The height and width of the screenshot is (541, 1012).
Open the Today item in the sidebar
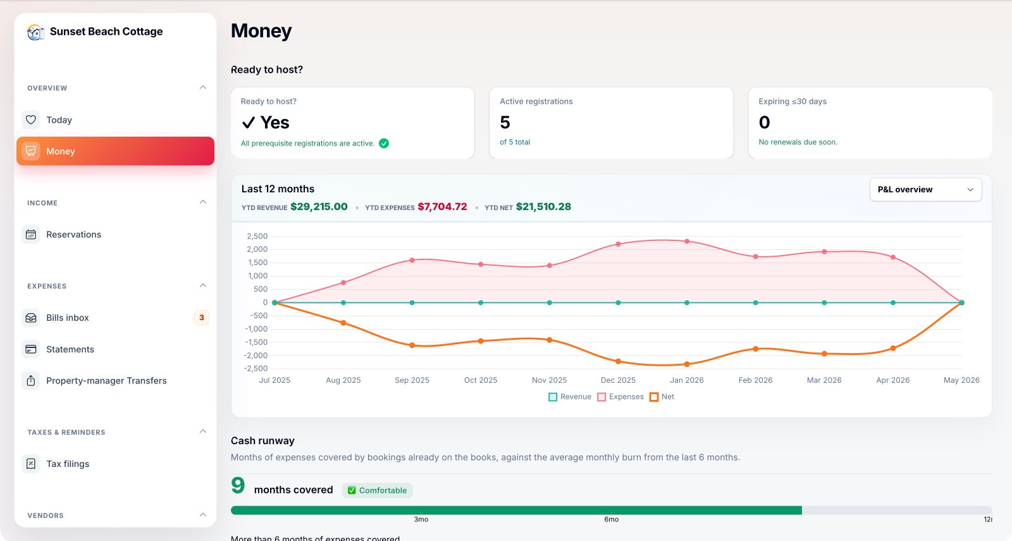click(x=59, y=120)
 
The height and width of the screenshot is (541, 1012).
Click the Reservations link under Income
click(x=73, y=235)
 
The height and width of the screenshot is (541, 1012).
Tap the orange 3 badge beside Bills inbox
click(x=202, y=318)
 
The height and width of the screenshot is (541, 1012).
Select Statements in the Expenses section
click(x=70, y=349)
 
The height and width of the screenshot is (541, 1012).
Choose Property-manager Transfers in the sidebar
click(x=106, y=380)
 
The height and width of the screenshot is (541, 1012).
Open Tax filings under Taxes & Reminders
click(x=67, y=464)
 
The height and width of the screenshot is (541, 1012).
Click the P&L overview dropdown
click(x=925, y=189)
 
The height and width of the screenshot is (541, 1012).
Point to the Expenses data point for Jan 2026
click(x=687, y=241)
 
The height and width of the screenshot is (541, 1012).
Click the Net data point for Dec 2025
click(x=618, y=361)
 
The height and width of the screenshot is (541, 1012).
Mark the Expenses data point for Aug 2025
click(x=343, y=282)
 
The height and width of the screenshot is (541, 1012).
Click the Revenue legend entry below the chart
click(x=570, y=397)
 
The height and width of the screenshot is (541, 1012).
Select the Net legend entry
click(x=662, y=397)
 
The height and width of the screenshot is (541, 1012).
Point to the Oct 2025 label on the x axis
click(x=481, y=380)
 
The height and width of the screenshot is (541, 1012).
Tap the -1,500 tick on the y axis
click(x=256, y=342)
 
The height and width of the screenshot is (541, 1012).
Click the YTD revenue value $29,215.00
click(x=319, y=206)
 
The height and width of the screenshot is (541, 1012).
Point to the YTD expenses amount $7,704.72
click(x=442, y=206)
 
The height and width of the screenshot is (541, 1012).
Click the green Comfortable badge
click(x=377, y=490)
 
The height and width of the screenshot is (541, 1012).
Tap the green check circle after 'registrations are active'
click(x=384, y=143)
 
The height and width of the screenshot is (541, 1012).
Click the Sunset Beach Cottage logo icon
click(x=35, y=32)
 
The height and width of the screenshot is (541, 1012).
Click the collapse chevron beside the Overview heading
click(x=203, y=87)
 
